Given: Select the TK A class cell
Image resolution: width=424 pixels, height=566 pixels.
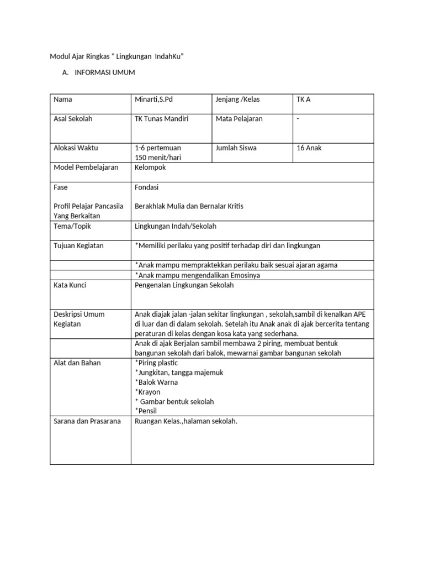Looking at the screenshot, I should pos(304,99).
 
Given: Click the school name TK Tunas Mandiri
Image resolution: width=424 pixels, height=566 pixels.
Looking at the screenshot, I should pos(162,119).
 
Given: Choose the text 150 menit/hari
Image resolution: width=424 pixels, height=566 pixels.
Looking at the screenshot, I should pos(158,158).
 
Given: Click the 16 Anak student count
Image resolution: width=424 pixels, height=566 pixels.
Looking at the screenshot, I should pos(309,148).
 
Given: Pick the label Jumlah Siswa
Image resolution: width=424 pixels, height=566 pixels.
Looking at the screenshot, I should pos(236,148).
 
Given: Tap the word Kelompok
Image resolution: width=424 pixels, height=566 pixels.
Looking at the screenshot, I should pos(150,167).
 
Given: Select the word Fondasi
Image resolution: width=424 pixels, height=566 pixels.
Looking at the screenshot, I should pos(146,187).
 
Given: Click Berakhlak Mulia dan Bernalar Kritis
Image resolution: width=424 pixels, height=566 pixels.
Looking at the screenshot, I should pos(189,206).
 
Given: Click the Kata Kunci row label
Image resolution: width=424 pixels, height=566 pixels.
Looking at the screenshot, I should pos(70,285).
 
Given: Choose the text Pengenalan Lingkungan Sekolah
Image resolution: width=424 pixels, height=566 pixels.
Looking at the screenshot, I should pos(184,285).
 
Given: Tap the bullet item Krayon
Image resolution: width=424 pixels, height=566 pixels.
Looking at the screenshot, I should pos(149,392).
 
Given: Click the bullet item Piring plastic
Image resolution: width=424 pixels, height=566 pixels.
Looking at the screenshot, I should pos(157,363).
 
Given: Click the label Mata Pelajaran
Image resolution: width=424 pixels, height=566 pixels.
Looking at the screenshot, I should pos(239,119).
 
